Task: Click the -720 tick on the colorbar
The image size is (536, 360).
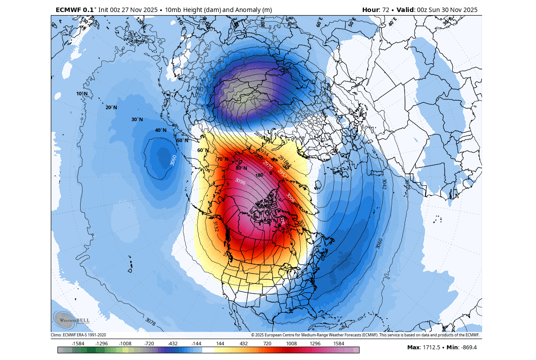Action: pos(149,344)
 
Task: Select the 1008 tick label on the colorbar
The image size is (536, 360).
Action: pos(291,344)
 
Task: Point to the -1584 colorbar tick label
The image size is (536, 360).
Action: pos(78,344)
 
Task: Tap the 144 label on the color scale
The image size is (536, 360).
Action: pos(220,344)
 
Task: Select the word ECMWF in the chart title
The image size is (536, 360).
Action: pos(68,10)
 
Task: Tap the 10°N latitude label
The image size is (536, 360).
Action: pos(82,94)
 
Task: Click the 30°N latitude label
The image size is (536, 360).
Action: pos(137,119)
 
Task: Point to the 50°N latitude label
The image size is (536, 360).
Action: pos(183,140)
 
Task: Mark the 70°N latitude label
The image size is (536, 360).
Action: pos(222,159)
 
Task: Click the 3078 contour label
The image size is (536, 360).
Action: pos(151,321)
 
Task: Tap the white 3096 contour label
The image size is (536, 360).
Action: pos(240,181)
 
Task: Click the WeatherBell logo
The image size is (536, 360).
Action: pos(71,319)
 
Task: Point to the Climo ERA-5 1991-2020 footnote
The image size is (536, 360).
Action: pos(78,335)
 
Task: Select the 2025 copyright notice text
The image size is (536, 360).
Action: pos(365,335)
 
